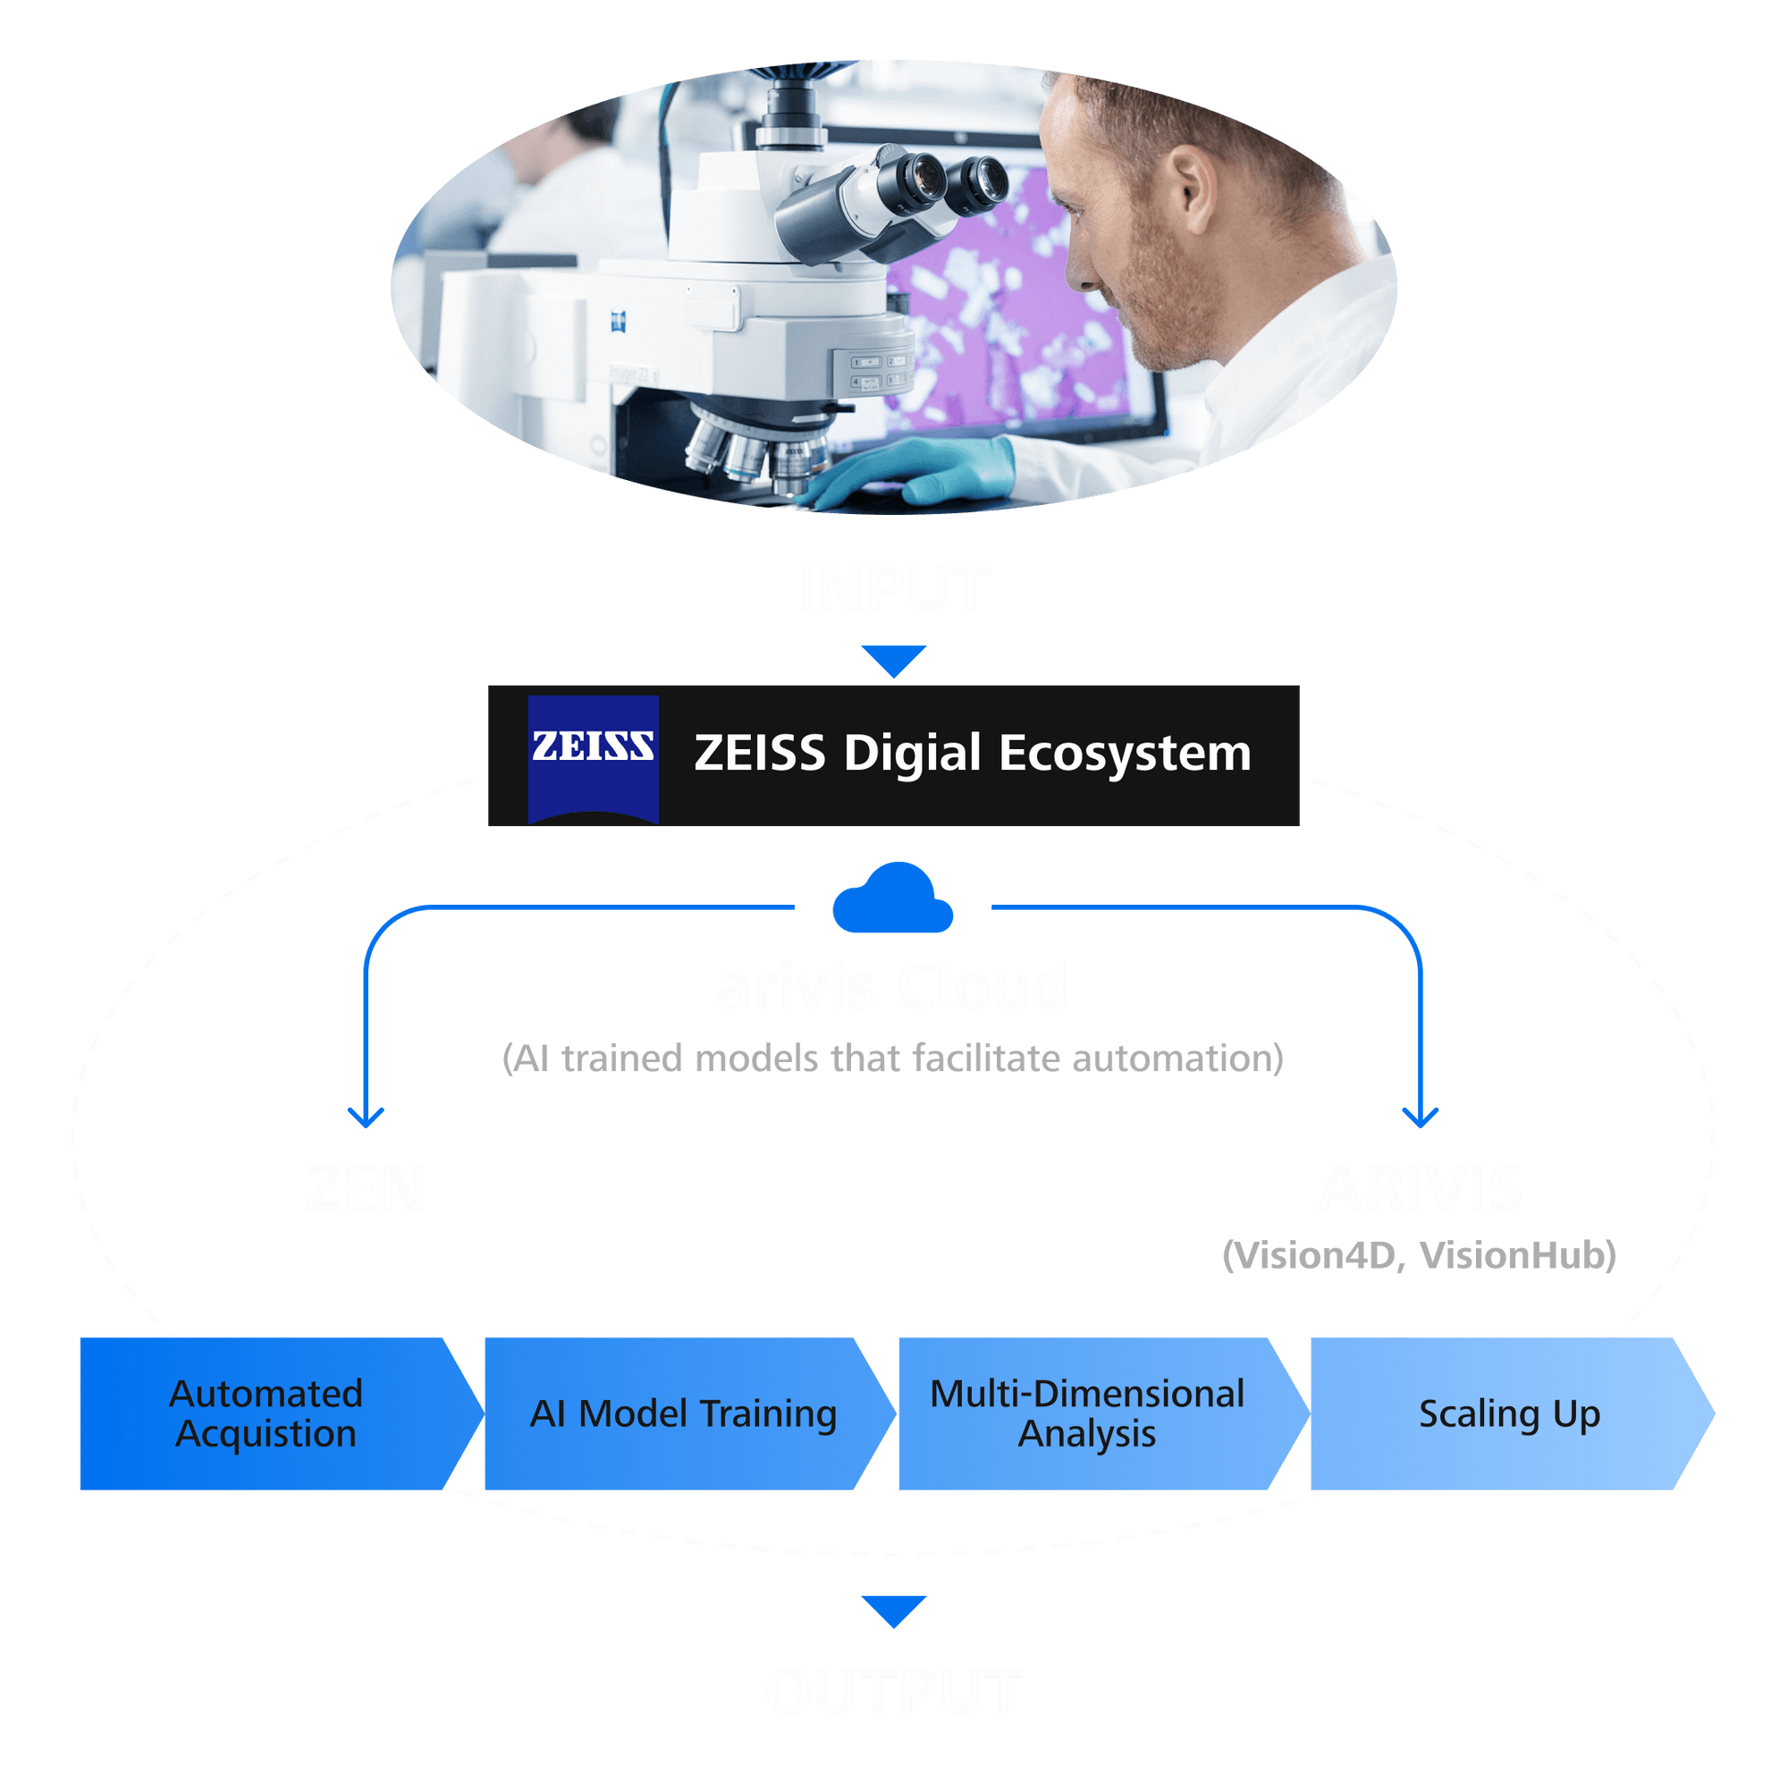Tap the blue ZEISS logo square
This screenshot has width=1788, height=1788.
tap(593, 757)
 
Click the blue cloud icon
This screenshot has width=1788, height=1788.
tap(892, 899)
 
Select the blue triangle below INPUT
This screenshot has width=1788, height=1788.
tap(893, 660)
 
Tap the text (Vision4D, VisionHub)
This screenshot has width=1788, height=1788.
tap(1419, 1256)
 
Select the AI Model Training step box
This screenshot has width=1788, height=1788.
tap(683, 1413)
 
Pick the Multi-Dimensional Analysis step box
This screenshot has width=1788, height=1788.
tap(1087, 1413)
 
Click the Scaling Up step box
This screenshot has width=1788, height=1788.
tap(1508, 1413)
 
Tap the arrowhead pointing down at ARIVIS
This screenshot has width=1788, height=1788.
tap(1421, 1118)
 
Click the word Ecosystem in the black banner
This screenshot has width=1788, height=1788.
tap(1124, 754)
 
